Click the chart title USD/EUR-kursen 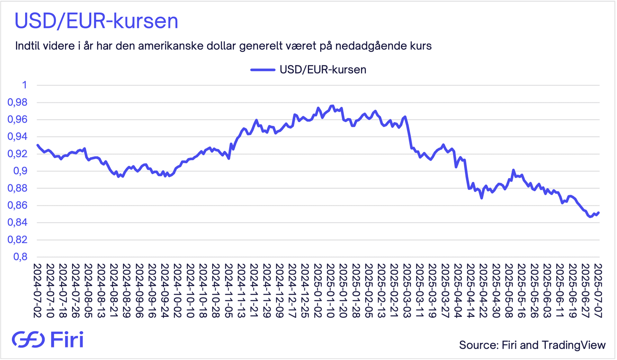click(x=96, y=22)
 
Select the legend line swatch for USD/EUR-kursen click(x=263, y=70)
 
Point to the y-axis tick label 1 click(x=24, y=85)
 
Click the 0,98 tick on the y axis click(x=18, y=103)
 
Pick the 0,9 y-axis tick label click(x=20, y=171)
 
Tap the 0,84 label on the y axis click(x=18, y=222)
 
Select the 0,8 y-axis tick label click(x=20, y=257)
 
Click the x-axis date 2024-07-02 click(x=38, y=291)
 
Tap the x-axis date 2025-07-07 click(x=598, y=291)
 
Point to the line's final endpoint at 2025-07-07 click(x=599, y=212)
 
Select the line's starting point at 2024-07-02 click(x=38, y=145)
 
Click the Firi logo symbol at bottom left click(x=28, y=339)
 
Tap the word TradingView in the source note click(x=574, y=345)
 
